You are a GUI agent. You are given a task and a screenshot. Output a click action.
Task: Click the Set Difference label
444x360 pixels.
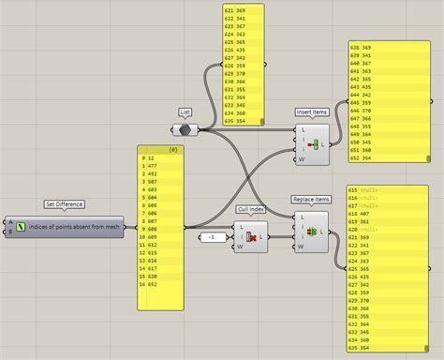pyautogui.click(x=65, y=203)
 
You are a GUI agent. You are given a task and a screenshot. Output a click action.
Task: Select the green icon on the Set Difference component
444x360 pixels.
pyautogui.click(x=21, y=227)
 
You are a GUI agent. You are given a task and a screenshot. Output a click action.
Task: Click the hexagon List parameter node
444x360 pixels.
pyautogui.click(x=185, y=129)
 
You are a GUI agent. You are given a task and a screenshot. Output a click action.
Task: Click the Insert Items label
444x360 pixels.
pyautogui.click(x=312, y=112)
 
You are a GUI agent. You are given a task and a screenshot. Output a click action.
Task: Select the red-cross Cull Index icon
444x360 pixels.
pyautogui.click(x=251, y=236)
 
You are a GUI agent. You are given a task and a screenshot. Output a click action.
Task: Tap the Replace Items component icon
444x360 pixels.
pyautogui.click(x=312, y=231)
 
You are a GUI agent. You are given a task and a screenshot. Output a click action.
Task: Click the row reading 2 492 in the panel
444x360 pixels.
pyautogui.click(x=150, y=173)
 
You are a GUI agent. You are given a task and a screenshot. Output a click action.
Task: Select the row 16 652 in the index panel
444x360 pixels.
pyautogui.click(x=151, y=286)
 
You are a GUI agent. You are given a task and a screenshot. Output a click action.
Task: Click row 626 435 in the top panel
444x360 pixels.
pyautogui.click(x=235, y=50)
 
